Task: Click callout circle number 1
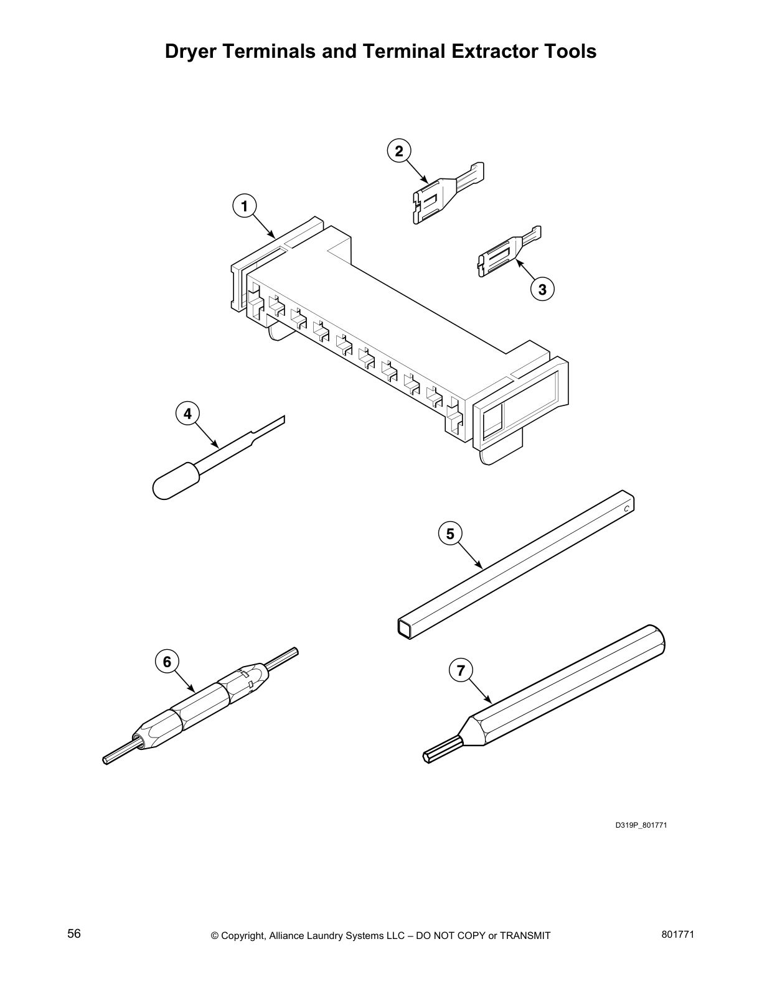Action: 245,205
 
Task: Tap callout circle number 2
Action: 399,150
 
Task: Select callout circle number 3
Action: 542,289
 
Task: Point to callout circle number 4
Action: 187,413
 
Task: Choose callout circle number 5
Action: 450,533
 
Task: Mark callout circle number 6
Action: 167,662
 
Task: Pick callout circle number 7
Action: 461,670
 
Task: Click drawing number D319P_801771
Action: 641,826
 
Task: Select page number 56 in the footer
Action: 74,934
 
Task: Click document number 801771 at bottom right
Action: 677,934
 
